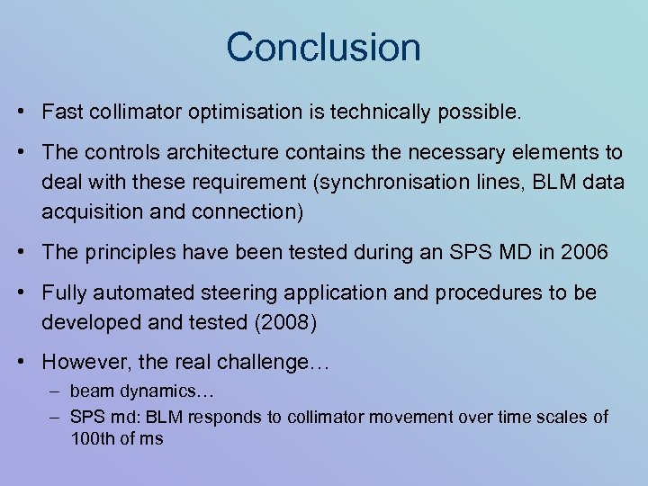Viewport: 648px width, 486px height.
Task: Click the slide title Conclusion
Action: (x=323, y=47)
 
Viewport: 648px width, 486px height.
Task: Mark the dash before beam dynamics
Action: (x=55, y=391)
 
